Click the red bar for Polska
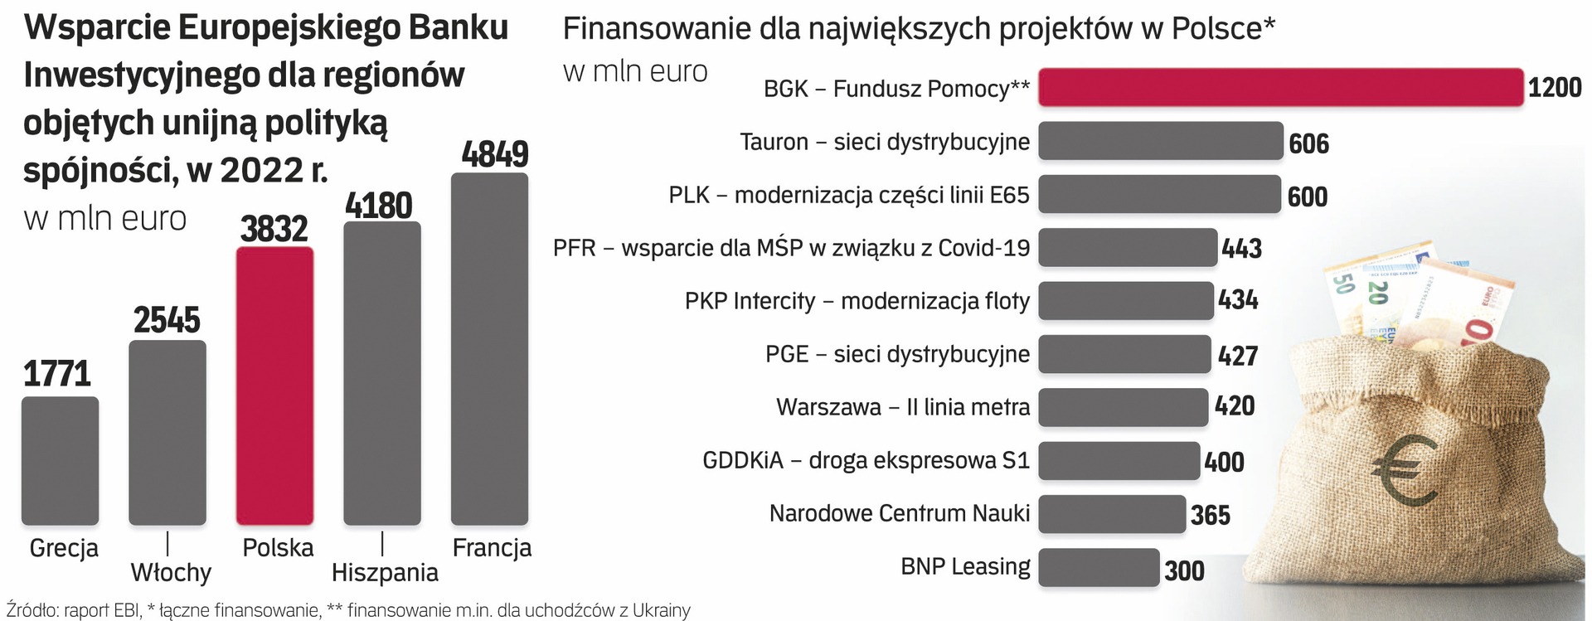tap(274, 386)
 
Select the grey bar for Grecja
tap(60, 460)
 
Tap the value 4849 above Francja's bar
tap(494, 154)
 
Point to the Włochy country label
tap(171, 572)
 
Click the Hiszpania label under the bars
tap(385, 572)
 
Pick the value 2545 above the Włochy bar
tap(167, 320)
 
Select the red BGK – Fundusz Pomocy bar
tap(1280, 87)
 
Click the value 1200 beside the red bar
tap(1554, 87)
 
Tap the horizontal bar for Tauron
tap(1160, 141)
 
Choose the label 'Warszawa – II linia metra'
tap(903, 407)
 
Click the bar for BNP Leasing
tap(1099, 568)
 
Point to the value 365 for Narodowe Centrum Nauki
tap(1210, 515)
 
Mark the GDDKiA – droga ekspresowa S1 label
tap(866, 460)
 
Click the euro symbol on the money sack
tap(1404, 472)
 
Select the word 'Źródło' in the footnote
tap(31, 610)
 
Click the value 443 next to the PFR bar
tap(1241, 248)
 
